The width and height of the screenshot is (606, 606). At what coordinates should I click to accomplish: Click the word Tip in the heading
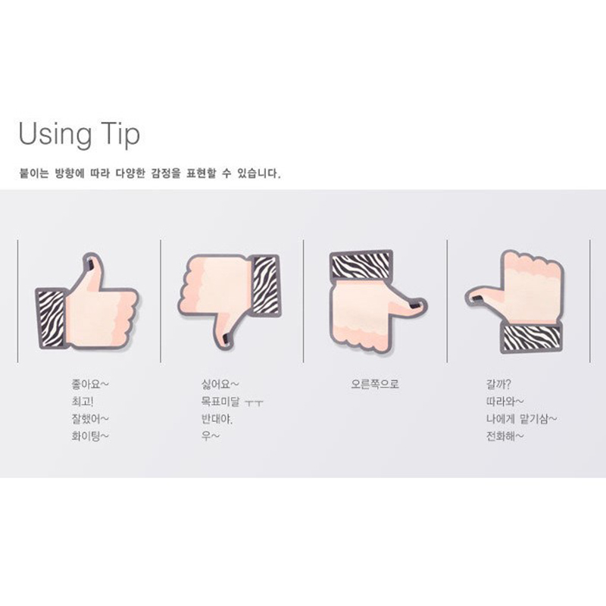coord(120,133)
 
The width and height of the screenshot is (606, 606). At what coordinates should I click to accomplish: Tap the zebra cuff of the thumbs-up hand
coord(51,318)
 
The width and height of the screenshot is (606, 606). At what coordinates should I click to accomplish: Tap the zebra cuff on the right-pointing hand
coord(361,264)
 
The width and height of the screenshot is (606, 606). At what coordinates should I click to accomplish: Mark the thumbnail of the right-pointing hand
coord(415,306)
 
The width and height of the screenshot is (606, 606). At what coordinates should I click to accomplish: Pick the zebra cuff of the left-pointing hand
coord(532,338)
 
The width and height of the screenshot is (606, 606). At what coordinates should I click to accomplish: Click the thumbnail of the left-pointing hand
coord(478,298)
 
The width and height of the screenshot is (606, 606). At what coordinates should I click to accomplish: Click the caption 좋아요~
coord(90,384)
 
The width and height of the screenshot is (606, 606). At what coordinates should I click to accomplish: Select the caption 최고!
coord(83,401)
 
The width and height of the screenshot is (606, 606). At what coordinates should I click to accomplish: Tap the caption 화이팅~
coord(90,436)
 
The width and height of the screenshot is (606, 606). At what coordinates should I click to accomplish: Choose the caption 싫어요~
coord(220,384)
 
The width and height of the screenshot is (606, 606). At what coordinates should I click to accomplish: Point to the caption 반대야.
coord(217,419)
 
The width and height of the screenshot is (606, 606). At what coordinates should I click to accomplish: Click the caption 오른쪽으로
coord(375,384)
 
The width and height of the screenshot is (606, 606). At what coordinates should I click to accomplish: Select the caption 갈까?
coord(498,384)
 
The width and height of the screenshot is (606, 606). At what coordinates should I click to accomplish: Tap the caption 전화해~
coord(505,436)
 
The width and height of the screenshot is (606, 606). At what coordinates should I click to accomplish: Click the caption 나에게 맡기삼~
coord(521,419)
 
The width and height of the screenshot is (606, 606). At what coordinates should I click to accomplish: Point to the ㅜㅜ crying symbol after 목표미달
coord(255,403)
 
